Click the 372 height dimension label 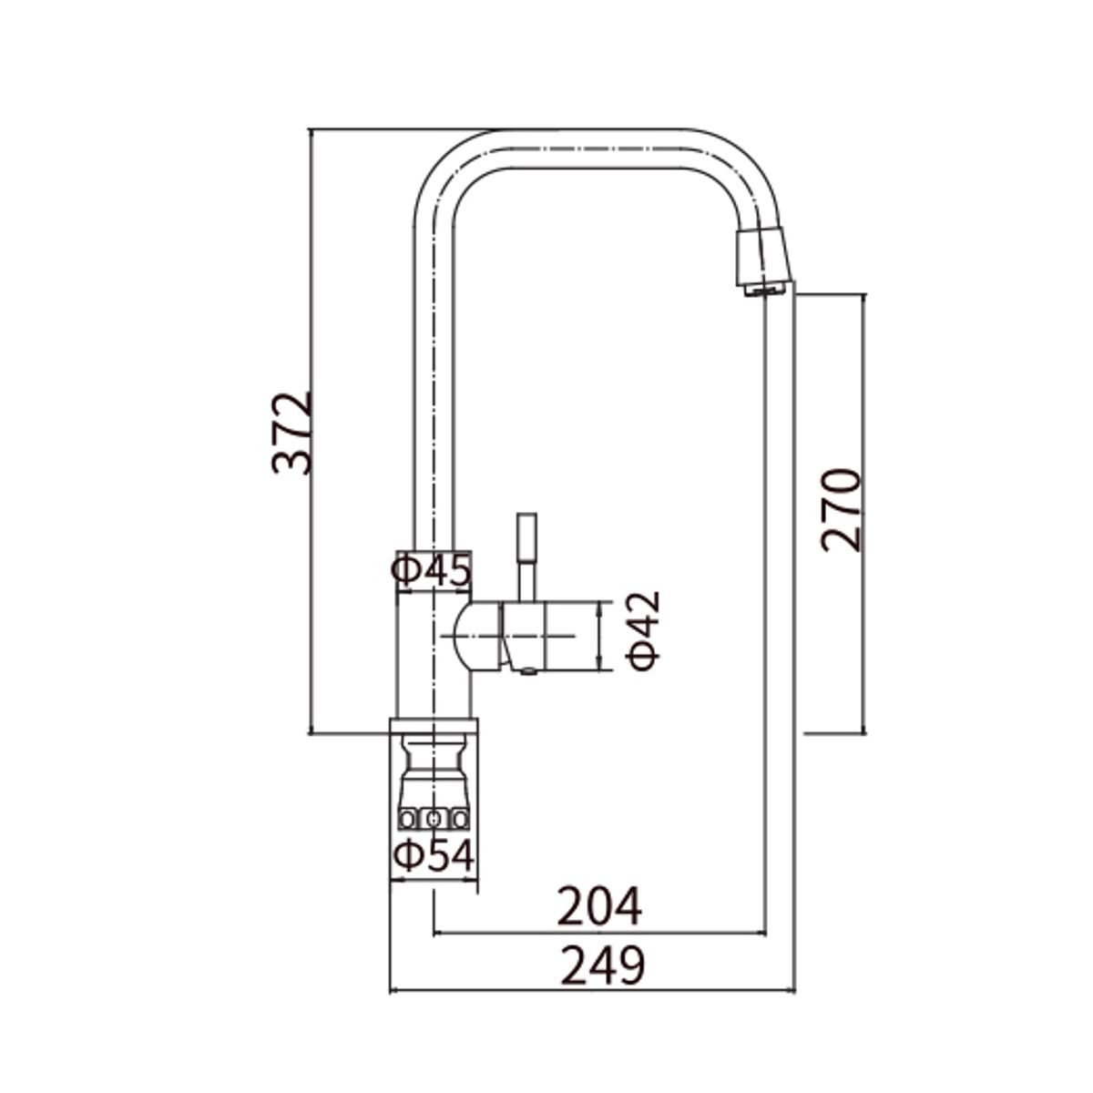tap(291, 434)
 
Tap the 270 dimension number tap(841, 509)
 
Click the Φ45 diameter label tap(431, 569)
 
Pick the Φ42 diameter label tap(643, 631)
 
